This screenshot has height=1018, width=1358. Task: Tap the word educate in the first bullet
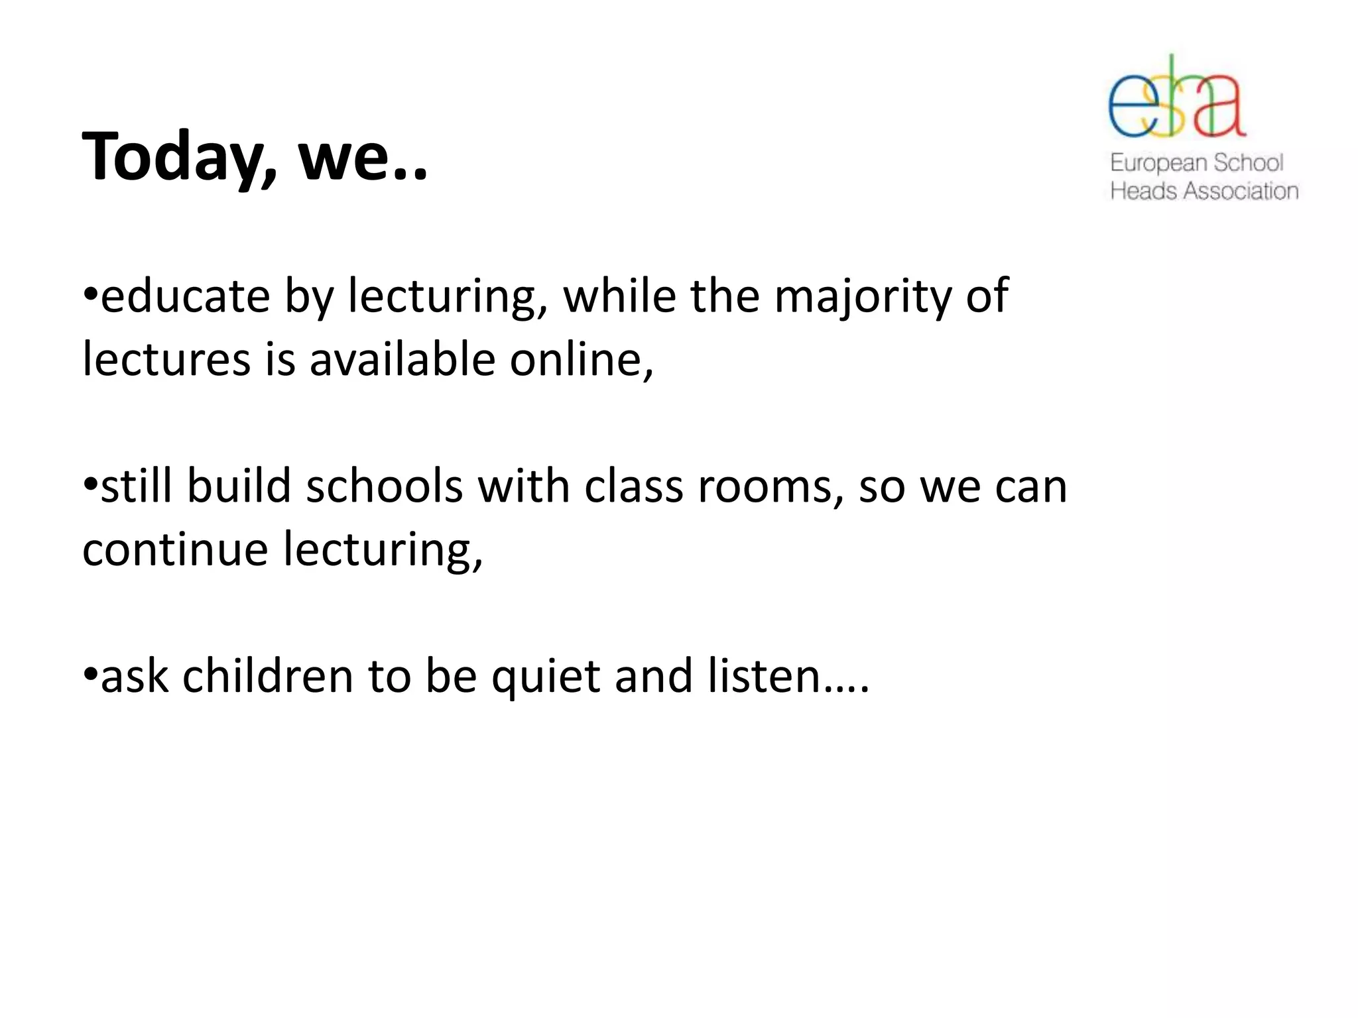(185, 296)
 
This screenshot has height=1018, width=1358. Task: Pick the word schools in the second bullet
(384, 486)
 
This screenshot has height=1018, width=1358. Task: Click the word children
(267, 677)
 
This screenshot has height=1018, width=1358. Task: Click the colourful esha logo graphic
(1176, 98)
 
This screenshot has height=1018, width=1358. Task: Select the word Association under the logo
(1241, 192)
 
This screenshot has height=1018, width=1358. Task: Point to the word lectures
(166, 360)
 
